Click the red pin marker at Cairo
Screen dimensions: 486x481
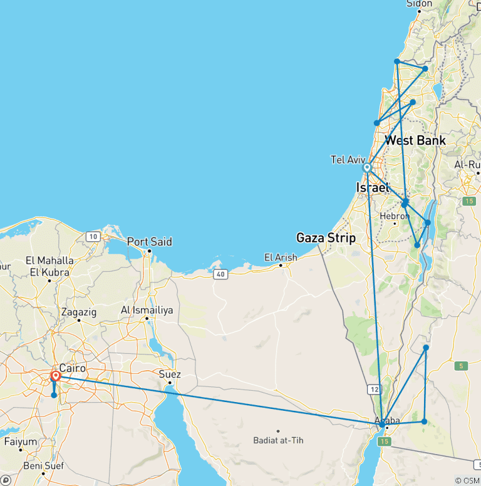56,376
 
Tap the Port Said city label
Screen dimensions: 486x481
149,241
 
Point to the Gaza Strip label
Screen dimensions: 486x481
326,238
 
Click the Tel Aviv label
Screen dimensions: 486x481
348,160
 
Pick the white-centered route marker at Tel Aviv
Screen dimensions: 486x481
367,168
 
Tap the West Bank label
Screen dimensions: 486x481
415,140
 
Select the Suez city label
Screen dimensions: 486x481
170,375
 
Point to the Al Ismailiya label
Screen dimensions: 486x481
147,310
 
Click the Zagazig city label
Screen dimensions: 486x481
80,311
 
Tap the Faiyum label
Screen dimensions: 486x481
21,441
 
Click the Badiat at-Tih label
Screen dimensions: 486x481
278,440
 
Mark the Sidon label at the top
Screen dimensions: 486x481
420,4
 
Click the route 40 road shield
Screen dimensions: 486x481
220,274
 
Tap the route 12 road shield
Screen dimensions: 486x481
375,390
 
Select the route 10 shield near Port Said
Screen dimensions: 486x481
93,236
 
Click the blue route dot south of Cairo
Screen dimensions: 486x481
54,395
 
